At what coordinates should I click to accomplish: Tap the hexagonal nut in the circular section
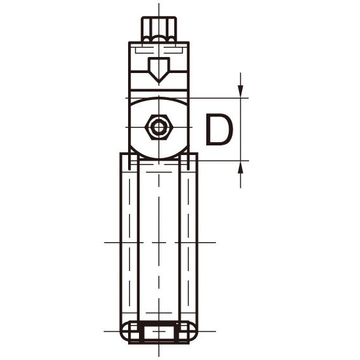[x=157, y=127]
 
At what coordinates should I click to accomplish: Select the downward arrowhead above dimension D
[x=241, y=92]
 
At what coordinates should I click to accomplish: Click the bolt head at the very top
[x=157, y=29]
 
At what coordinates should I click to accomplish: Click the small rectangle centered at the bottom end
[x=158, y=332]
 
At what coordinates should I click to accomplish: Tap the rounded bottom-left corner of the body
[x=126, y=332]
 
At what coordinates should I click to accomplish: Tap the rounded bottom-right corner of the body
[x=191, y=332]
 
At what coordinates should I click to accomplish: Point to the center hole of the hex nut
[x=157, y=127]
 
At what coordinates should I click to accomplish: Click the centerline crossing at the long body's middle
[x=158, y=243]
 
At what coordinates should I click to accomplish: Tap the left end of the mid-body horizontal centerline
[x=105, y=243]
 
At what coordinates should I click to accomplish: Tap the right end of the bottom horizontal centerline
[x=214, y=331]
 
